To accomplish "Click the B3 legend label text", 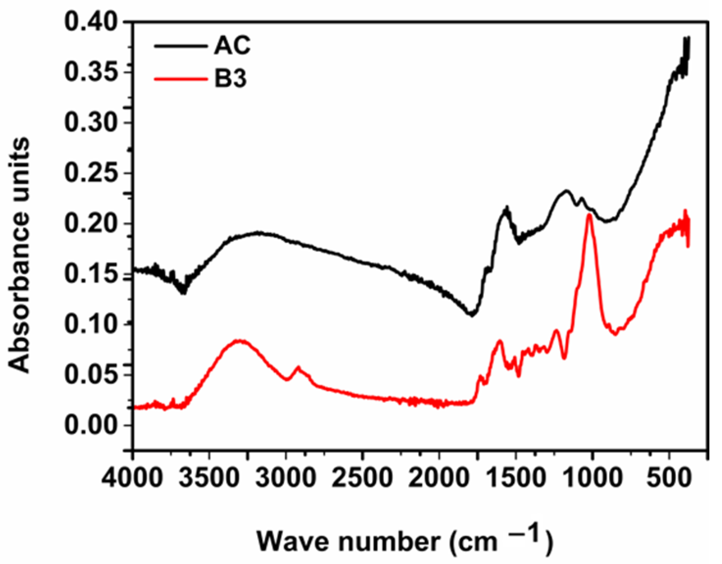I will tap(230, 79).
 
